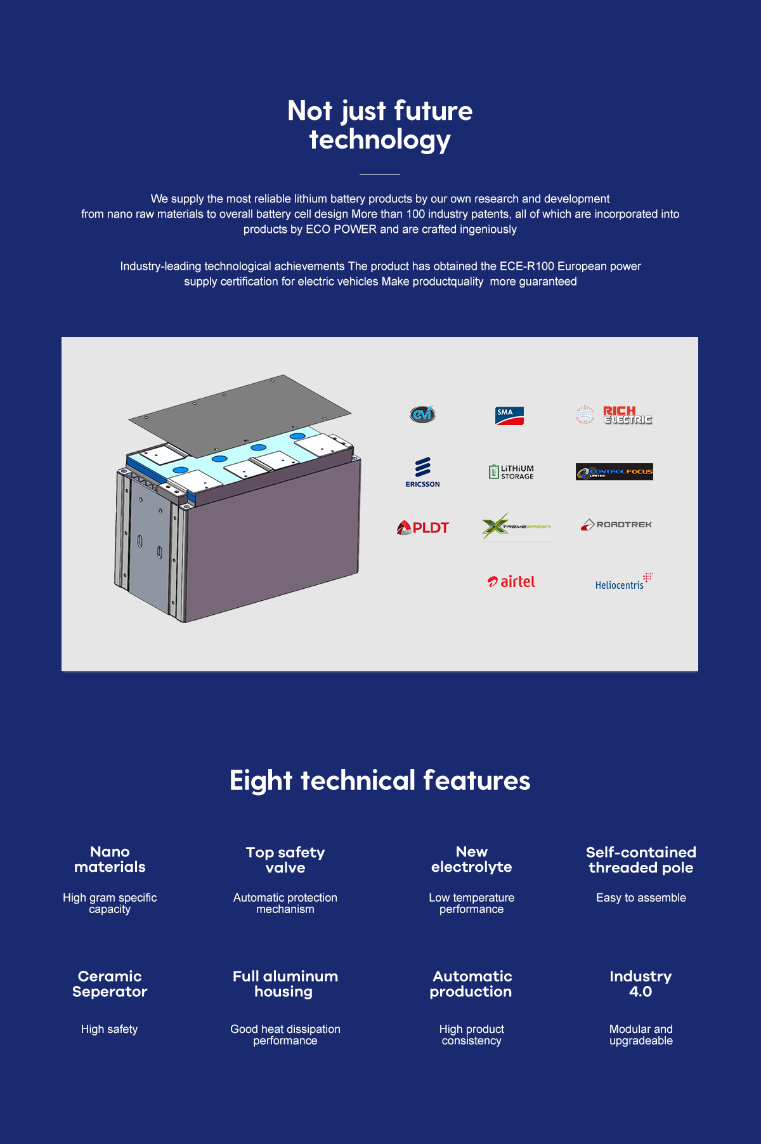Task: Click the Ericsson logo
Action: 422,472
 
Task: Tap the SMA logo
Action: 509,416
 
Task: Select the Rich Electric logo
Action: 614,415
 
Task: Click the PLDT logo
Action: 422,527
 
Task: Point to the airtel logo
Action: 511,581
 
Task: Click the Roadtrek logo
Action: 616,525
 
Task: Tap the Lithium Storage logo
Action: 511,471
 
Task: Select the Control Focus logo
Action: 615,472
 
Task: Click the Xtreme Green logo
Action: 516,527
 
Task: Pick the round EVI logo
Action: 422,414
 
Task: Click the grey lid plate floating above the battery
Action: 240,416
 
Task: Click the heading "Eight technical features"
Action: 380,780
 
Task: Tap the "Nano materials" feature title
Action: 110,859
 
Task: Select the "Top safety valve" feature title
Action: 285,860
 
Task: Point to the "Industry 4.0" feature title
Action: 641,983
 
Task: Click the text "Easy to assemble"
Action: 641,897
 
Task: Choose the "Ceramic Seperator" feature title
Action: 110,983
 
